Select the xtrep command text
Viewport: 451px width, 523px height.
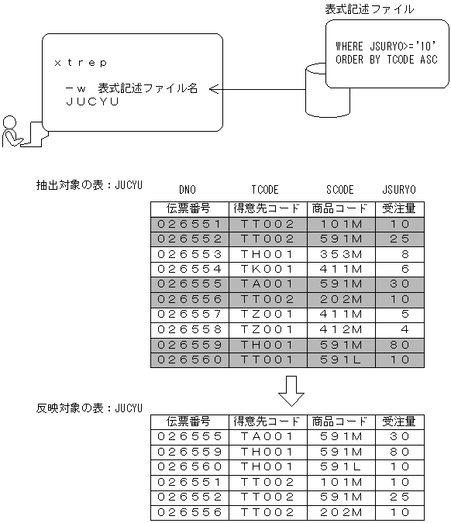tap(81, 62)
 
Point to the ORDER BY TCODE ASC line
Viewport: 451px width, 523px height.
tap(386, 60)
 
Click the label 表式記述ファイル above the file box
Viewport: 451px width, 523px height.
tap(369, 9)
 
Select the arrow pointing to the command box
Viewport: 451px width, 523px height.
tap(256, 90)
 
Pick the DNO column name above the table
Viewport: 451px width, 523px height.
tap(188, 189)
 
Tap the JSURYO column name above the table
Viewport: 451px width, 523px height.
tap(399, 189)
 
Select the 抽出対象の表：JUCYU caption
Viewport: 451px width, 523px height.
tap(89, 185)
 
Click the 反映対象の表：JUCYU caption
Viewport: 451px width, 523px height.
tap(89, 407)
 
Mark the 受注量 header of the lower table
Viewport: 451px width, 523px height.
tap(399, 421)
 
